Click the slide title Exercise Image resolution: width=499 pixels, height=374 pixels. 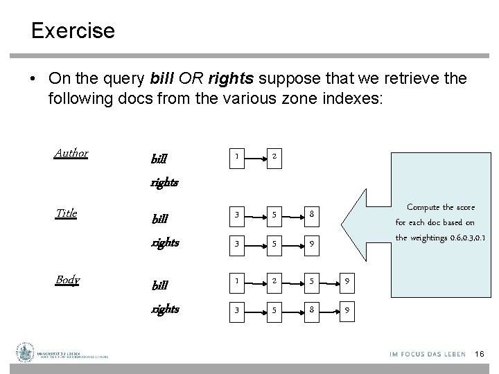pyautogui.click(x=73, y=30)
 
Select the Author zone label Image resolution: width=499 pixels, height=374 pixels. pyautogui.click(x=71, y=153)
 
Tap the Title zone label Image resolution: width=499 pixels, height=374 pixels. pyautogui.click(x=67, y=213)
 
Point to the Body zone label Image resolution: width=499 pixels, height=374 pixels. pyautogui.click(x=67, y=280)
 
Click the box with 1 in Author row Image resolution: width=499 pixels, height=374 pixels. pyautogui.click(x=237, y=157)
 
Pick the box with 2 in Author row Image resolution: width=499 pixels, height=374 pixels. pyautogui.click(x=275, y=157)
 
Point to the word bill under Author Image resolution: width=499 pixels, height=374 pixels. pyautogui.click(x=159, y=159)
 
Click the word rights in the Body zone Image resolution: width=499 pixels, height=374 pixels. pyautogui.click(x=165, y=310)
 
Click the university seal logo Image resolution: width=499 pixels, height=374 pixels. pyautogui.click(x=26, y=353)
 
